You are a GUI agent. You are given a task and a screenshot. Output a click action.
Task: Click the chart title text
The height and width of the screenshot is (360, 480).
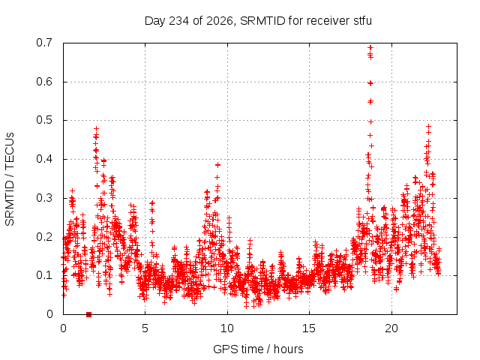click(258, 21)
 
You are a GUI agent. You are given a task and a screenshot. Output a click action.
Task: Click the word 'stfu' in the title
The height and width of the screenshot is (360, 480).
click(363, 21)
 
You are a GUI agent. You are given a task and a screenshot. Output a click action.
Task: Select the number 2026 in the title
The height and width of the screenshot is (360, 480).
click(220, 21)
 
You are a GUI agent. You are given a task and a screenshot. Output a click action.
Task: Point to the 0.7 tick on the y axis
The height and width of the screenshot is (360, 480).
click(44, 43)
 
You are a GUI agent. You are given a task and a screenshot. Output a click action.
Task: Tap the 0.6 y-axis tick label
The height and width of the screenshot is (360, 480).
click(44, 82)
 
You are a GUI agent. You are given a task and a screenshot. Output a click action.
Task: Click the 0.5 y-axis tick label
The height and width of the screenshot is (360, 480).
click(44, 120)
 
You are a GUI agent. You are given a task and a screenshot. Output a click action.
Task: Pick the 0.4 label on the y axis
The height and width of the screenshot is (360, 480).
click(44, 159)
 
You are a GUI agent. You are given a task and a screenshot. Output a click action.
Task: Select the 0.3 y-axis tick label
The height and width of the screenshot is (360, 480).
click(44, 198)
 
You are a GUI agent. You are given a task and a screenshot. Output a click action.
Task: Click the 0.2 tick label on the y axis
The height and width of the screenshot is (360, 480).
click(44, 237)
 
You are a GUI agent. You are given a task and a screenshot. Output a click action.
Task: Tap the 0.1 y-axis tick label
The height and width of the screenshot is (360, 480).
click(44, 275)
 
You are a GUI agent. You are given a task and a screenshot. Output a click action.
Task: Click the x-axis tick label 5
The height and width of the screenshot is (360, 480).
click(145, 328)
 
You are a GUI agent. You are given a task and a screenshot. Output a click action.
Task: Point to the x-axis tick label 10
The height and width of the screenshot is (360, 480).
click(227, 328)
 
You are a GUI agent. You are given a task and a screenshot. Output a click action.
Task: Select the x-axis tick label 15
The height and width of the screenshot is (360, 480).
click(309, 328)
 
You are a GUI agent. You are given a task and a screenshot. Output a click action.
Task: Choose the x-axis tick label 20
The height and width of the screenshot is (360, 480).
click(391, 328)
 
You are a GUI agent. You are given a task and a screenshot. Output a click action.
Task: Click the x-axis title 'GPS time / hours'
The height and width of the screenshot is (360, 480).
click(258, 349)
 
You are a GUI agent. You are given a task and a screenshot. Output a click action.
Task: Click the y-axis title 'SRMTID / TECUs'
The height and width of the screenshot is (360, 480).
click(10, 179)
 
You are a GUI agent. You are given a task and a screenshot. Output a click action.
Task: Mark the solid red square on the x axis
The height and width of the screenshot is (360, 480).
click(88, 314)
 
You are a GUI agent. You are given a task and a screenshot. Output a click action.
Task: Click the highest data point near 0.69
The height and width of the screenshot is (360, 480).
click(370, 47)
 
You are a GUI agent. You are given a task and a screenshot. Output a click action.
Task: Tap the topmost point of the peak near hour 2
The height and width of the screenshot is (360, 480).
click(97, 128)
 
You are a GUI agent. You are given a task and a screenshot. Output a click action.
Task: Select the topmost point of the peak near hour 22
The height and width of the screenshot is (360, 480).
click(428, 126)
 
